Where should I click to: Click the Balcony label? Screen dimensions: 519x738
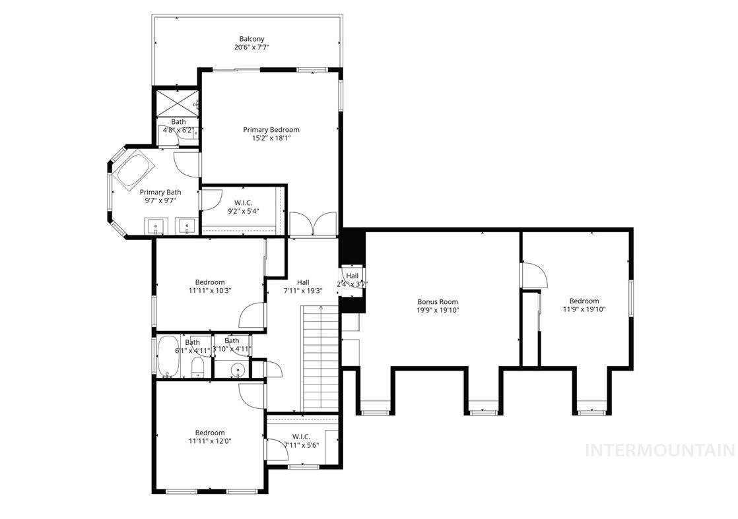pos(252,39)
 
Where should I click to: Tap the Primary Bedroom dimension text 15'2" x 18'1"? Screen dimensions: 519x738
pos(271,138)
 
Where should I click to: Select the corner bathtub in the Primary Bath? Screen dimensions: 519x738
pos(134,171)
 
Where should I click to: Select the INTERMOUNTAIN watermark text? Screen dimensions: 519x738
pos(659,450)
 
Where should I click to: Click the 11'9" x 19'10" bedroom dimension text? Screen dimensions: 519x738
pos(584,309)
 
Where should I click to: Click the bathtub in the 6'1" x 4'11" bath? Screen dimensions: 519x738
pos(168,357)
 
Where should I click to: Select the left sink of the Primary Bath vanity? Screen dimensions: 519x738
pos(156,227)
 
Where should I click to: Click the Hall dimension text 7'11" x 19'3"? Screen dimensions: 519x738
pos(303,291)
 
